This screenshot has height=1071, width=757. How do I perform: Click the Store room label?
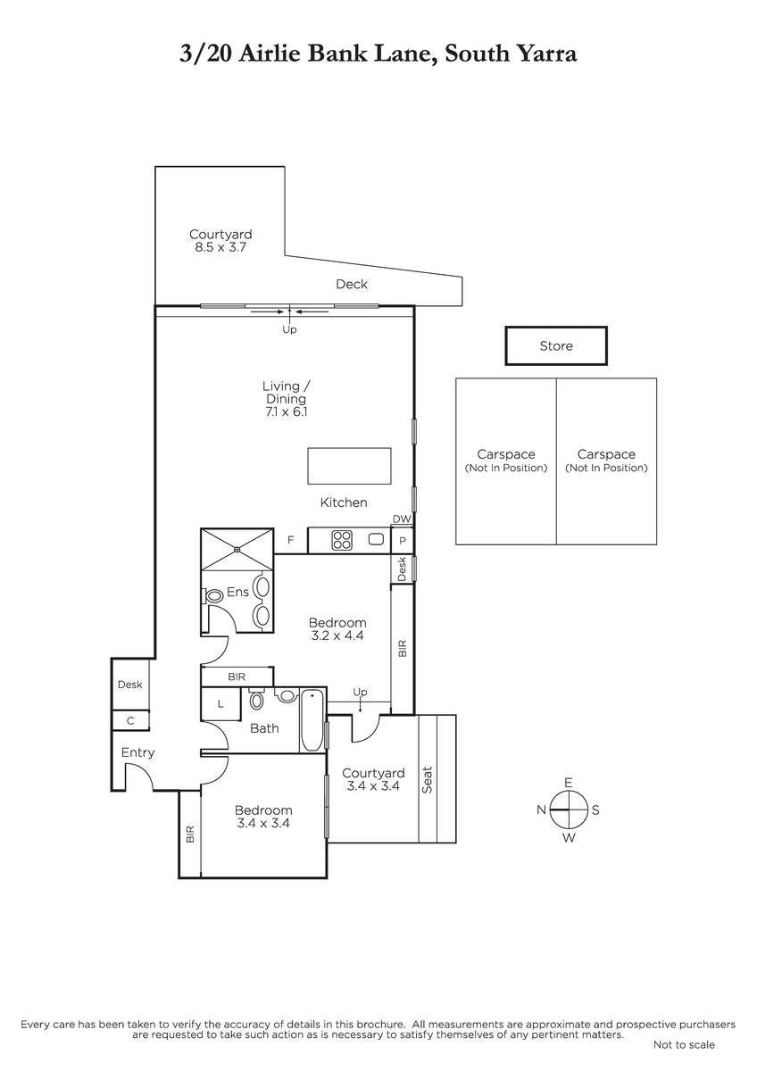pyautogui.click(x=555, y=345)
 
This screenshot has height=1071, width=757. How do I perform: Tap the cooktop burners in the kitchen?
pyautogui.click(x=342, y=540)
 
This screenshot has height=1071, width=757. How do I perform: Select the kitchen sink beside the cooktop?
pyautogui.click(x=377, y=539)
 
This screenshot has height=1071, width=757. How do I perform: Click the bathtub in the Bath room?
pyautogui.click(x=312, y=720)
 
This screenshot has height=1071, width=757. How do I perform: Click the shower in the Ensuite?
pyautogui.click(x=237, y=549)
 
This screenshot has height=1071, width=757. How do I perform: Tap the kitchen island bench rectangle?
pyautogui.click(x=349, y=466)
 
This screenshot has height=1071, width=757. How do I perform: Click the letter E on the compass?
pyautogui.click(x=568, y=782)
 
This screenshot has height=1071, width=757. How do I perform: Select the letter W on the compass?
pyautogui.click(x=569, y=837)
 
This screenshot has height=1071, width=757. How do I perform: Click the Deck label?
pyautogui.click(x=352, y=284)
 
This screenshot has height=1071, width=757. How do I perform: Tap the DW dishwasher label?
pyautogui.click(x=402, y=519)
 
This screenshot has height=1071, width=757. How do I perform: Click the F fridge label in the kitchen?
pyautogui.click(x=290, y=540)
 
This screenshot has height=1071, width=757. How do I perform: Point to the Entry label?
pyautogui.click(x=137, y=752)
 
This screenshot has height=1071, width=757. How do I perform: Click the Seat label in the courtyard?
pyautogui.click(x=427, y=780)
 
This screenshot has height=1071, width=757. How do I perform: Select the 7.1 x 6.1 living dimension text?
pyautogui.click(x=286, y=411)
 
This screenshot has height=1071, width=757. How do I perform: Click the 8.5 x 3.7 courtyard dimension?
pyautogui.click(x=220, y=247)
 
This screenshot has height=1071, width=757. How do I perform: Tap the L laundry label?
pyautogui.click(x=220, y=703)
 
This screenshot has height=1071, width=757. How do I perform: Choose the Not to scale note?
pyautogui.click(x=684, y=1045)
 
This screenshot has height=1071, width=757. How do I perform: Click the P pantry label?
pyautogui.click(x=403, y=540)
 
